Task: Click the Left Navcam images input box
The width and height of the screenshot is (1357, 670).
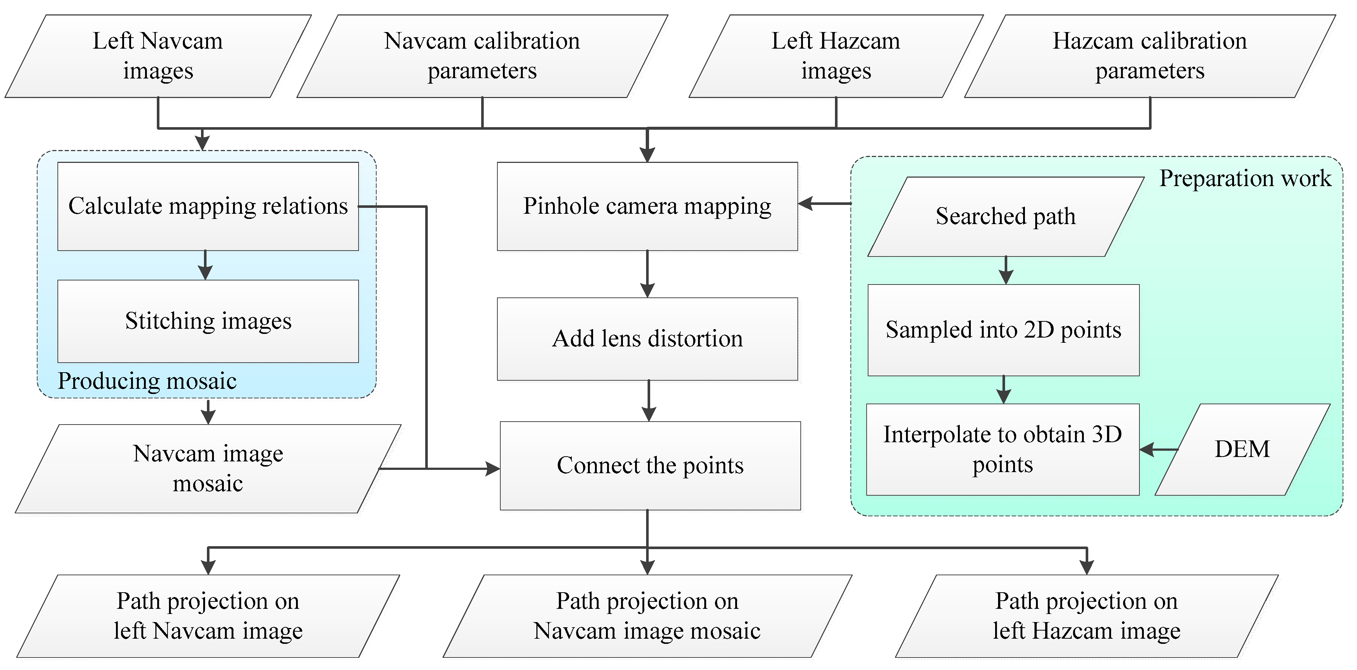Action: point(158,56)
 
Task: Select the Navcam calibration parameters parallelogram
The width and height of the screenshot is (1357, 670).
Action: point(482,56)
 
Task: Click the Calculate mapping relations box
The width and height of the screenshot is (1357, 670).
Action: point(208,206)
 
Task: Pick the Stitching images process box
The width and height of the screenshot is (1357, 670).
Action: point(208,321)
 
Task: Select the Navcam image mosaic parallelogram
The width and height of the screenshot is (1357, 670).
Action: point(208,468)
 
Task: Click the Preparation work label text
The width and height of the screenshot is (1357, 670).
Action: point(1245,179)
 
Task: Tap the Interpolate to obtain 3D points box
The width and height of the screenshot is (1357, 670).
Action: point(1002,450)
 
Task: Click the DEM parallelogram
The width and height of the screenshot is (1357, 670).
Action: point(1242,450)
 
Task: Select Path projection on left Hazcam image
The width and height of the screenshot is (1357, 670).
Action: point(1086,616)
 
